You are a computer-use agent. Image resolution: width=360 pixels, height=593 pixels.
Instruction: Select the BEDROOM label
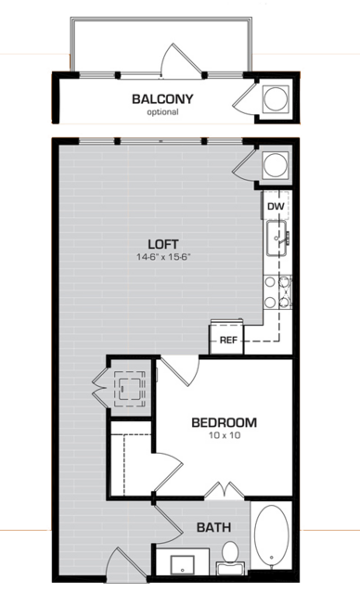click(x=224, y=423)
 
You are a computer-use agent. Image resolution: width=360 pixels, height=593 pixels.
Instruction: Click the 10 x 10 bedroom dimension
click(x=224, y=436)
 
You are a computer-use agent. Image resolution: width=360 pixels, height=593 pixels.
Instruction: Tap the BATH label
click(x=213, y=528)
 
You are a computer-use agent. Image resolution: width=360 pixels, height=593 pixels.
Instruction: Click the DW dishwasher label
click(x=275, y=206)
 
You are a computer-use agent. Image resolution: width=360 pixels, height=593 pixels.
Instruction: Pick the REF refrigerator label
click(x=228, y=341)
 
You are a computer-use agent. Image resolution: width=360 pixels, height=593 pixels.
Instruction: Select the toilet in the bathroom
click(x=228, y=556)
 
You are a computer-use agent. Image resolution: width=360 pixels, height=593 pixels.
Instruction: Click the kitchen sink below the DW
click(x=276, y=238)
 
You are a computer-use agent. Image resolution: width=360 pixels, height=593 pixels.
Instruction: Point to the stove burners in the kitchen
click(x=276, y=291)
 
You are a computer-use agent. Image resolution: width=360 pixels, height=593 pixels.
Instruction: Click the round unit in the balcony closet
click(x=276, y=99)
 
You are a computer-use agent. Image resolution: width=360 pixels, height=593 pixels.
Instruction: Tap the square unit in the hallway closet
click(x=128, y=386)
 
